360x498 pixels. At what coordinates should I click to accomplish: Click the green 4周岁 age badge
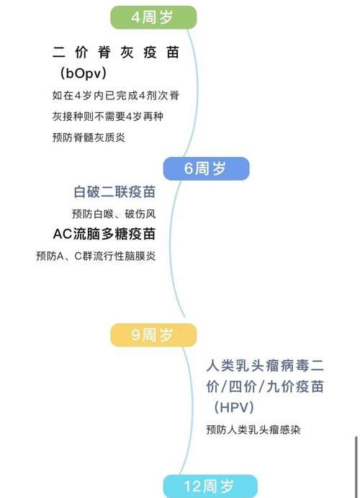pyautogui.click(x=153, y=17)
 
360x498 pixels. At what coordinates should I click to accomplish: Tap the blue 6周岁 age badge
pyautogui.click(x=206, y=168)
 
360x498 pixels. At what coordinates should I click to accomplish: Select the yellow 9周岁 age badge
pyautogui.click(x=153, y=335)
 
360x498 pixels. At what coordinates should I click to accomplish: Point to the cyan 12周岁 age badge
pyautogui.click(x=210, y=486)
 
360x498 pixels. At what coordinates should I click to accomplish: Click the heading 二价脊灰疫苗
pyautogui.click(x=116, y=53)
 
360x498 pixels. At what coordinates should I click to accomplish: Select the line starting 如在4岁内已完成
pyautogui.click(x=116, y=95)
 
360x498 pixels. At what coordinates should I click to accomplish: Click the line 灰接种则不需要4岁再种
pyautogui.click(x=108, y=117)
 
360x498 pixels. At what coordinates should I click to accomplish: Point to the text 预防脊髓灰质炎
pyautogui.click(x=89, y=137)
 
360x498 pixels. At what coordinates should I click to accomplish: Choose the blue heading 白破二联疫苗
pyautogui.click(x=114, y=192)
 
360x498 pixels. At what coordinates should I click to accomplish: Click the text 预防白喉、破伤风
pyautogui.click(x=114, y=214)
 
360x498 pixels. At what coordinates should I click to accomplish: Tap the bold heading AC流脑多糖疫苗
pyautogui.click(x=104, y=234)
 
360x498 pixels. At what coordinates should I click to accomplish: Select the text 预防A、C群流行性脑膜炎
pyautogui.click(x=96, y=255)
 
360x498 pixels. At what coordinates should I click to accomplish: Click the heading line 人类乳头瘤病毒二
pyautogui.click(x=265, y=366)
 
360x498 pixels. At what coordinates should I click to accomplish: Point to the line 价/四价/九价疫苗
pyautogui.click(x=265, y=386)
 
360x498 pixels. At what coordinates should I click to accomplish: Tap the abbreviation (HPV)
pyautogui.click(x=234, y=407)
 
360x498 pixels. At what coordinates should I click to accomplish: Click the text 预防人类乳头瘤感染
pyautogui.click(x=253, y=430)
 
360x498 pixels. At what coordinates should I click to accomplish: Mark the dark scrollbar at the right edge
pyautogui.click(x=356, y=466)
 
